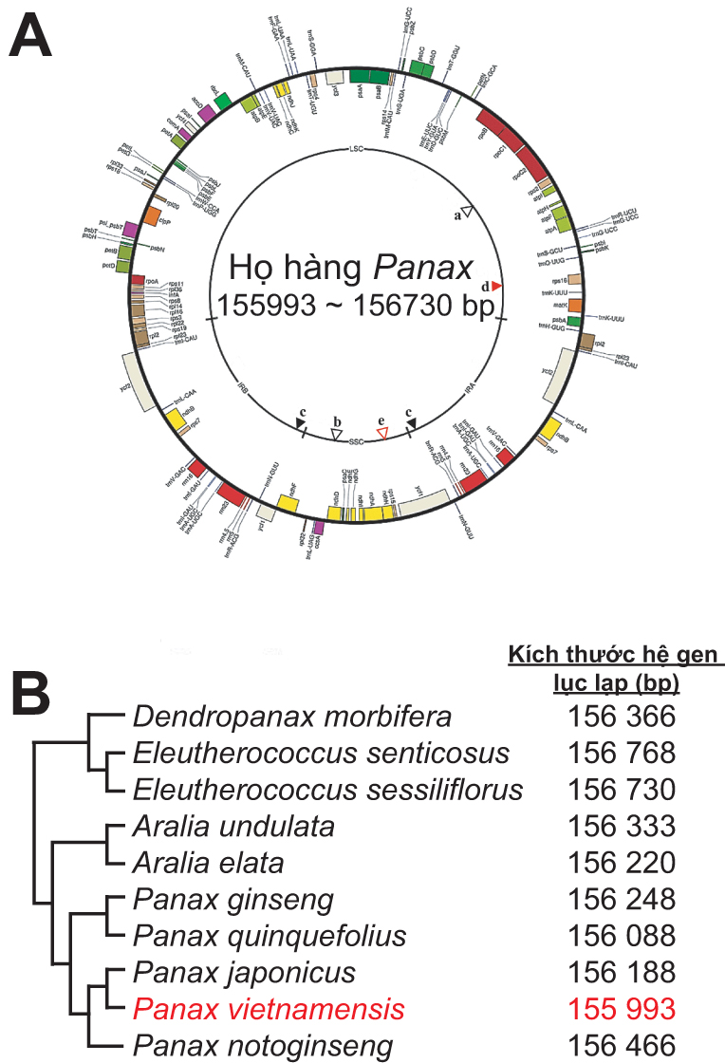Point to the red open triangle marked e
(382, 433)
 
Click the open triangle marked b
(335, 433)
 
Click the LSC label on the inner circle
(357, 149)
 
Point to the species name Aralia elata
(209, 862)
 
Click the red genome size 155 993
(621, 1009)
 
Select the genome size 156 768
(621, 752)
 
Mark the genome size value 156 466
(621, 1046)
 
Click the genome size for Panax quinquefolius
(621, 936)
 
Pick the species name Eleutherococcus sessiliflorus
(328, 789)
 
